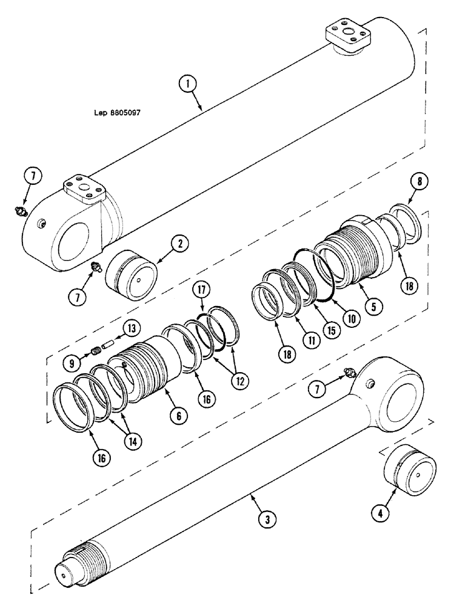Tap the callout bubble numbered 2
click(180, 244)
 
